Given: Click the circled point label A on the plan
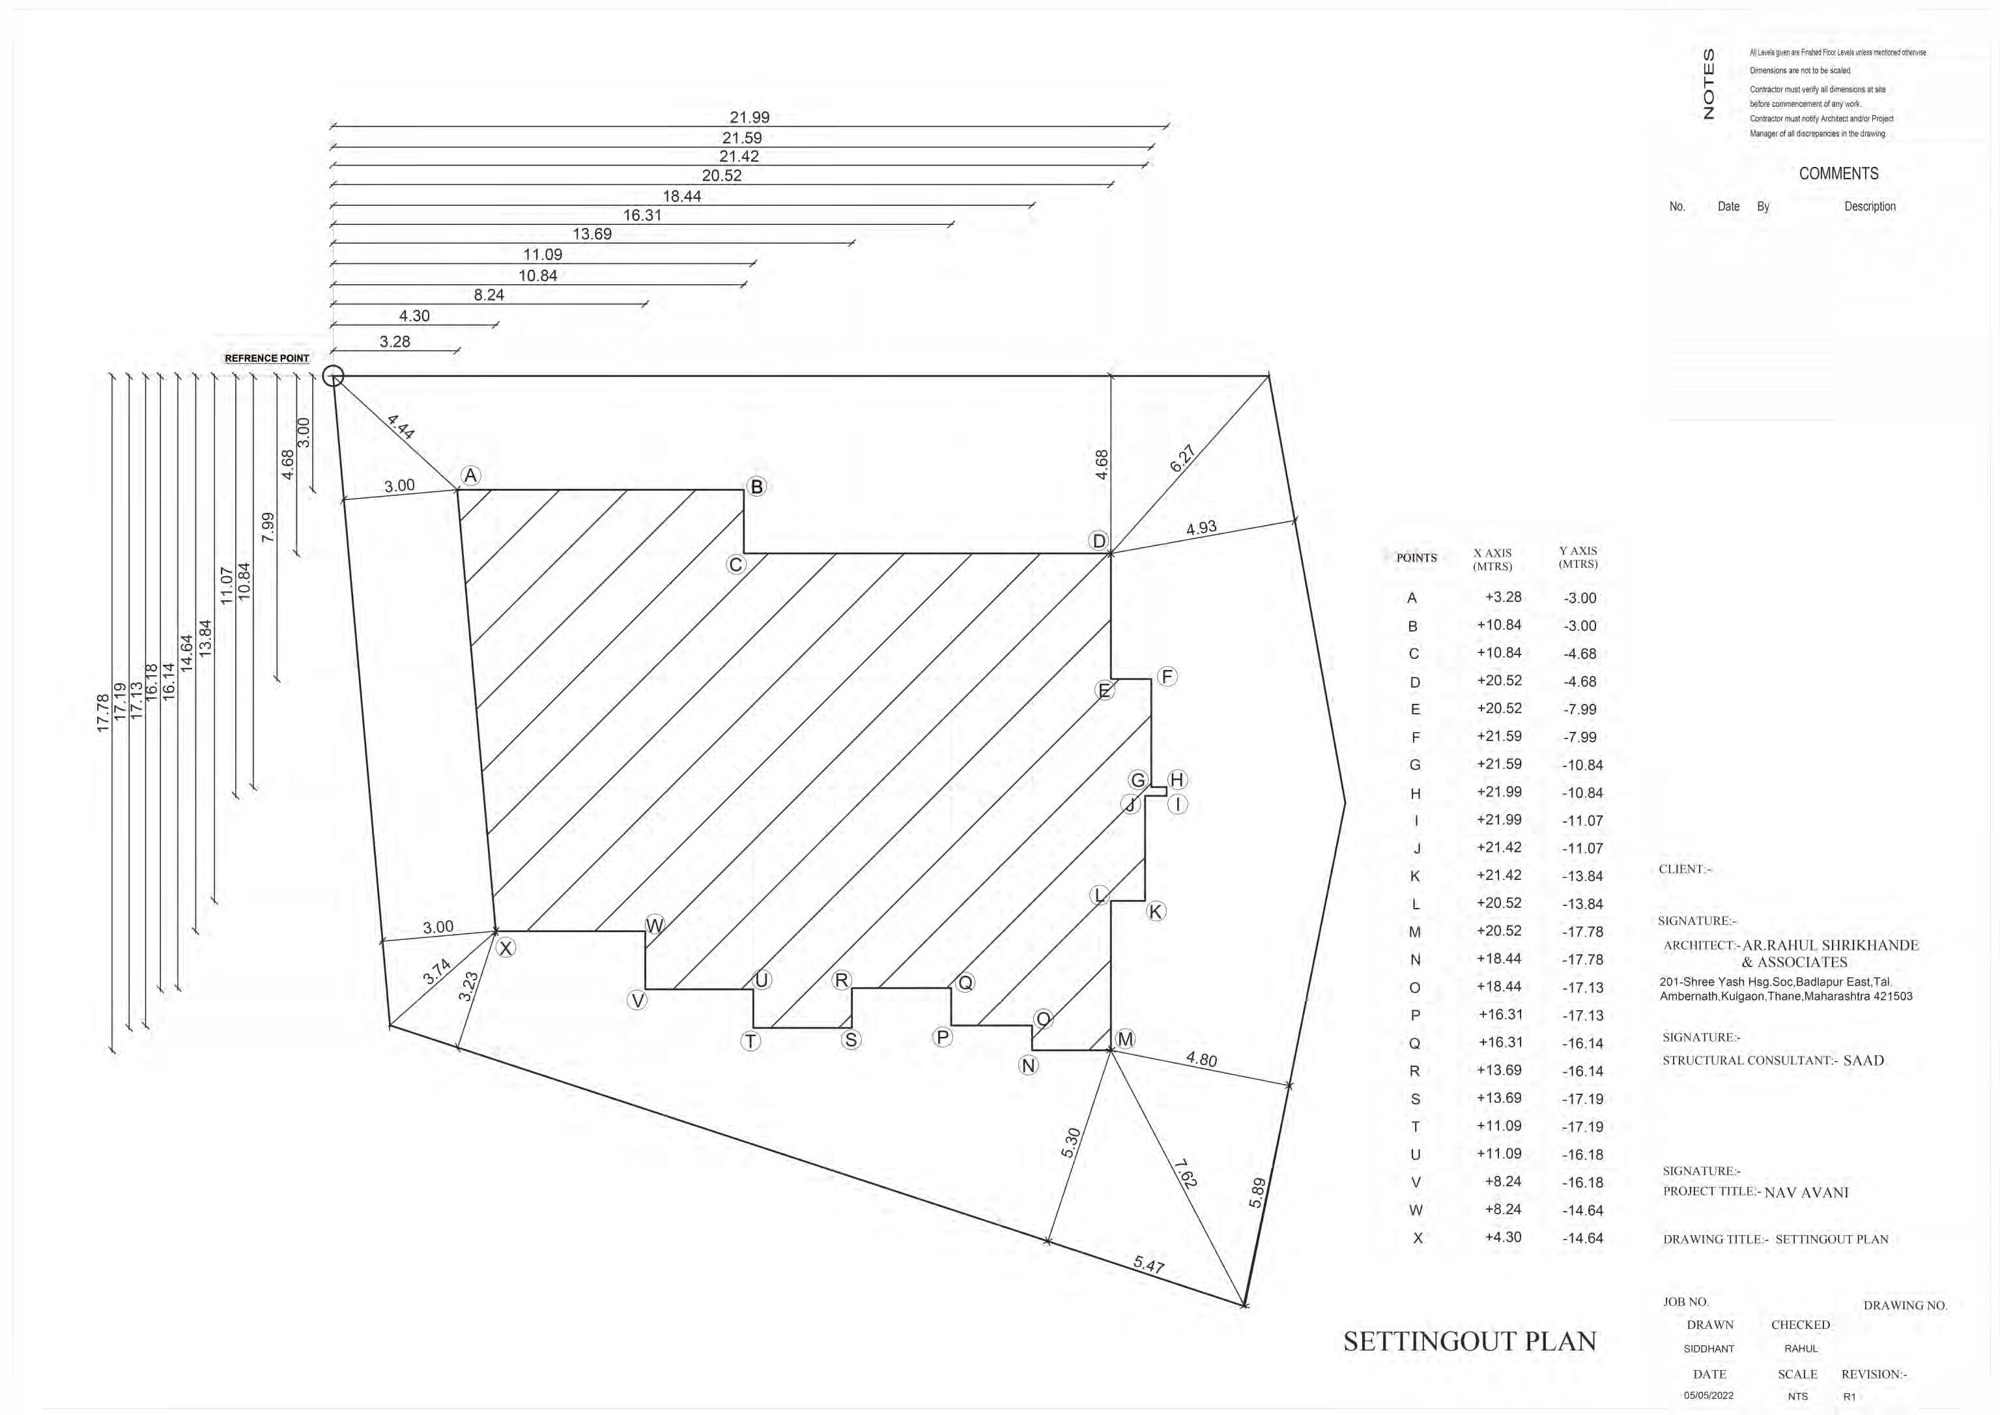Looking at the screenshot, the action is tap(470, 476).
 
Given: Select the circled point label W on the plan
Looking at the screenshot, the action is tap(654, 926).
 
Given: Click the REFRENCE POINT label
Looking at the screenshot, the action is tap(266, 358).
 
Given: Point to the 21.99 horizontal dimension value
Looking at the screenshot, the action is tap(749, 117).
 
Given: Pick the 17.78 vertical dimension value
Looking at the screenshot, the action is tap(103, 713).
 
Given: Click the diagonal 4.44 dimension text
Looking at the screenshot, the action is tap(401, 426).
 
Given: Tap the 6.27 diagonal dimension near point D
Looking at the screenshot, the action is tap(1181, 458).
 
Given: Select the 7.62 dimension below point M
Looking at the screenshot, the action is tap(1184, 1174).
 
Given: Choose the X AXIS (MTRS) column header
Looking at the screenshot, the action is tap(1492, 559).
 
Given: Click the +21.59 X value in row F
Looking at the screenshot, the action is tap(1498, 737).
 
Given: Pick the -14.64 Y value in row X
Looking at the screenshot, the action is tap(1582, 1238).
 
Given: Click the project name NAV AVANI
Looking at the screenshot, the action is tap(1806, 1193).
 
